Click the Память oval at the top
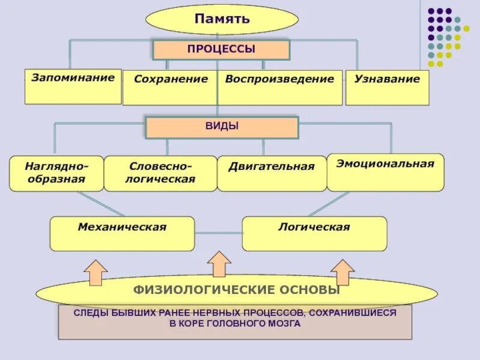point(222,19)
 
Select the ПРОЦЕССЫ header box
point(221,50)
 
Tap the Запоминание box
point(73,86)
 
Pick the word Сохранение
point(171,79)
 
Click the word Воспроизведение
point(280,79)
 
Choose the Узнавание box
point(387,88)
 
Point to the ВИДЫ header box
point(222,127)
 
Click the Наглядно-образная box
point(56,173)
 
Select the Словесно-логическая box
point(160,173)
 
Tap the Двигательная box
point(271,173)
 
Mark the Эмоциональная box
point(385,172)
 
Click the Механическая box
point(122,233)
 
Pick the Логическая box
point(314,233)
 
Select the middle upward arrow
point(219,263)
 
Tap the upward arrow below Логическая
point(343,272)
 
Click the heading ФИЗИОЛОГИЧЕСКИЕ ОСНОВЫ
point(236,290)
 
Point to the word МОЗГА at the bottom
point(283,323)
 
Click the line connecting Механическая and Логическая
point(218,233)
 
